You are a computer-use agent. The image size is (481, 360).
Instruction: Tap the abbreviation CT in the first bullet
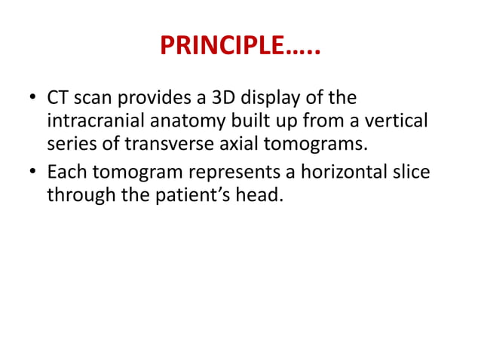(58, 99)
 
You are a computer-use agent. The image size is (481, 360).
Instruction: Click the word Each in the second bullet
(66, 172)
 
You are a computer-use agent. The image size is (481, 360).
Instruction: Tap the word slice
(412, 172)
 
